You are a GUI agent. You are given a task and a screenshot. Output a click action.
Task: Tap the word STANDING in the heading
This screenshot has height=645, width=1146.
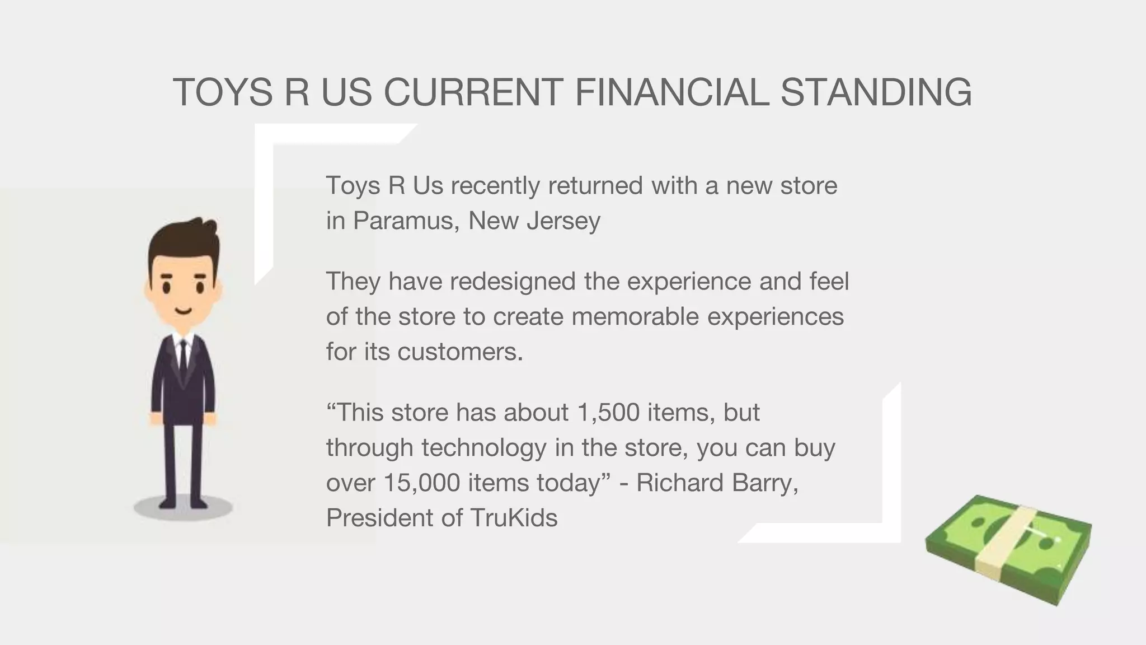pyautogui.click(x=876, y=92)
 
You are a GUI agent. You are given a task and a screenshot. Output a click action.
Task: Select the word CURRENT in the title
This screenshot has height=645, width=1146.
pyautogui.click(x=473, y=92)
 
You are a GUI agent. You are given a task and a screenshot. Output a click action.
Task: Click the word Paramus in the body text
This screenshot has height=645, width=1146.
pyautogui.click(x=406, y=221)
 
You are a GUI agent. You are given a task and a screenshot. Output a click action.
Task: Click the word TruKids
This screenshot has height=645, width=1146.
pyautogui.click(x=514, y=518)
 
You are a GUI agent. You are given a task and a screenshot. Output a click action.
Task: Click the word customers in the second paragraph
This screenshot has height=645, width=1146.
pyautogui.click(x=460, y=352)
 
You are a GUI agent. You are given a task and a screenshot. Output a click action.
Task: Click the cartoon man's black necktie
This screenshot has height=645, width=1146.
pyautogui.click(x=183, y=358)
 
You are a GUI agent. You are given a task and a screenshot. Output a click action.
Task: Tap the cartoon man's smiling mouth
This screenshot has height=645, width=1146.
pyautogui.click(x=183, y=311)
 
